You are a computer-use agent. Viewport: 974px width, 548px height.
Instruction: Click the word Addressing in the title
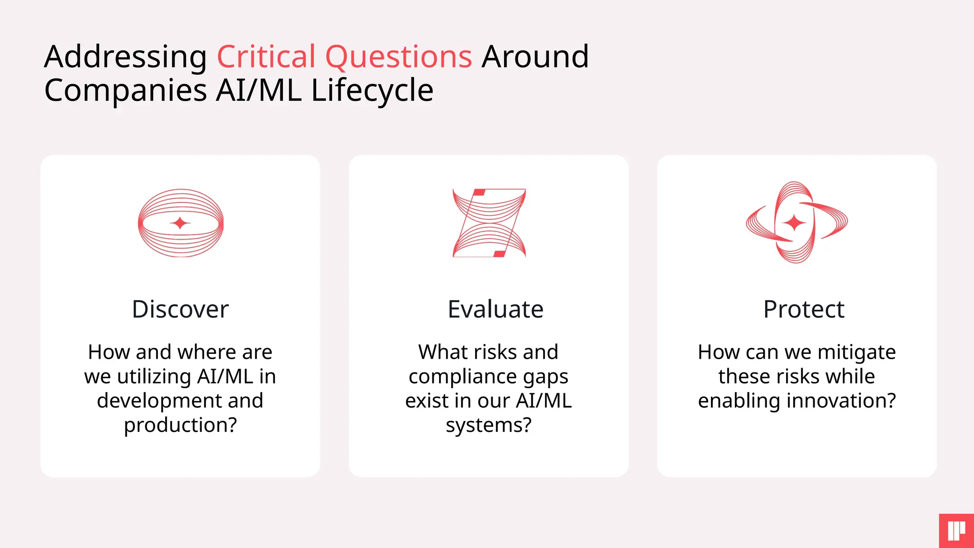click(x=125, y=57)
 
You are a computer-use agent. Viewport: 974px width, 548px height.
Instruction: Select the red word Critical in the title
click(x=266, y=57)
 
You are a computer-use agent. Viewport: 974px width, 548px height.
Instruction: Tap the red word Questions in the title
click(x=399, y=57)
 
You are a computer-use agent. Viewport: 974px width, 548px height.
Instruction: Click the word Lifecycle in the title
click(x=372, y=90)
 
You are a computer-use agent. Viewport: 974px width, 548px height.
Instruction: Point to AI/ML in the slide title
click(x=258, y=90)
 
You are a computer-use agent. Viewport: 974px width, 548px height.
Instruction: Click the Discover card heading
click(x=180, y=309)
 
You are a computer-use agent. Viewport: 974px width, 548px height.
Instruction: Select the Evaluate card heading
click(x=496, y=309)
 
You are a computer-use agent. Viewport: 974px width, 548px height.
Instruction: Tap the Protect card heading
click(x=804, y=309)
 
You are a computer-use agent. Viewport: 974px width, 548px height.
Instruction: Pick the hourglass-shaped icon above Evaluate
click(x=489, y=223)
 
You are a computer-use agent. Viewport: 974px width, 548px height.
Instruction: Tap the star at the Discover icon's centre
click(x=180, y=223)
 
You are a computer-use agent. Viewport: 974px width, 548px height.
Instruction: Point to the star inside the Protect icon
click(x=794, y=222)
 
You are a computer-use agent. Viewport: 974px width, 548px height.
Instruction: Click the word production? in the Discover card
click(x=180, y=425)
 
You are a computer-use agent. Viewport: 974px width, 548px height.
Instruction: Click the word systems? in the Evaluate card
click(x=488, y=425)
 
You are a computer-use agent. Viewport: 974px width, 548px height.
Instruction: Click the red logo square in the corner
click(x=956, y=531)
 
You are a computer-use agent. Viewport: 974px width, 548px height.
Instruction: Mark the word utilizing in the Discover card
click(x=154, y=377)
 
